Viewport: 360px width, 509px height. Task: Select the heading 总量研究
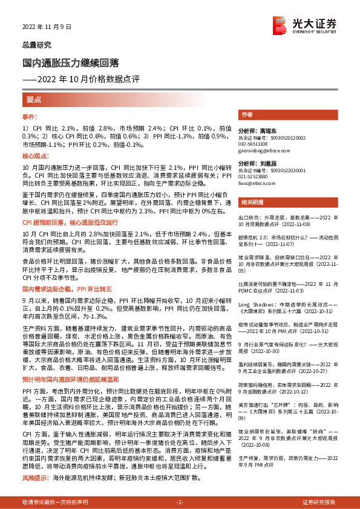point(38,45)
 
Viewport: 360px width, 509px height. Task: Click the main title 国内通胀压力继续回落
point(71,62)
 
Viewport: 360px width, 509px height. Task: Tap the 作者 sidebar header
point(247,114)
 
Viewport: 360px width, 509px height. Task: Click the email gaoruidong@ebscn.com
point(261,150)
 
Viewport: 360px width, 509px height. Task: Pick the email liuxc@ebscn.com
point(256,181)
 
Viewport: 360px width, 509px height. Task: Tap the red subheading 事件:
point(31,116)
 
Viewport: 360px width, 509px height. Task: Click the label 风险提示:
point(36,478)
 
